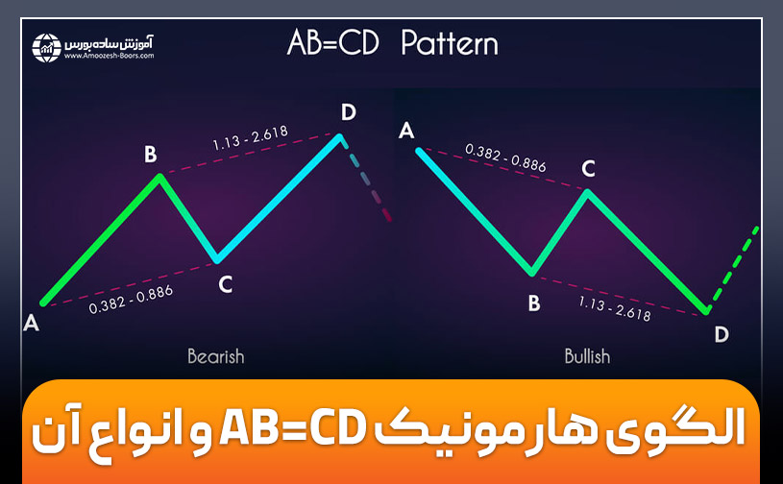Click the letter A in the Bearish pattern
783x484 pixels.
31,324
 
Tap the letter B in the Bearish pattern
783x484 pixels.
150,154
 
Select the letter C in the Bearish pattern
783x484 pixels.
225,283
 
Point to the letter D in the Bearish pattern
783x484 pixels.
348,113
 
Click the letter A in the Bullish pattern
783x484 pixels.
407,130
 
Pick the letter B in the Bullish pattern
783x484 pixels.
534,303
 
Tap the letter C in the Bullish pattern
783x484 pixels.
588,169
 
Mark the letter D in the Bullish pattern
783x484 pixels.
721,334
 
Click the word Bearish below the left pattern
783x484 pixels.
216,356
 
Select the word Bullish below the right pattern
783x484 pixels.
587,356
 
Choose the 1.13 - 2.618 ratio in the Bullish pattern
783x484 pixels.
615,307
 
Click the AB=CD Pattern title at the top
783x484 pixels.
392,43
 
